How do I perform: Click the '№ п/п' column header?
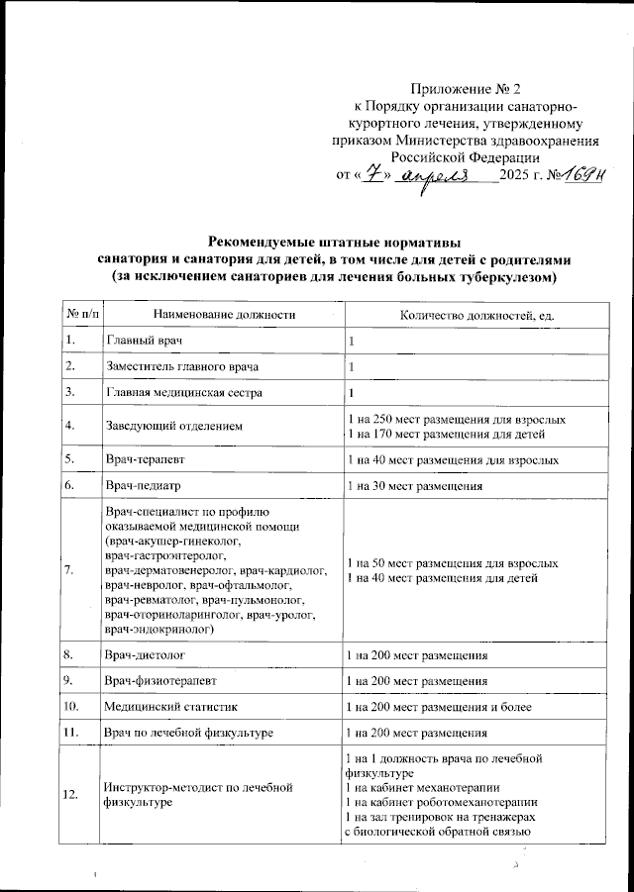82,315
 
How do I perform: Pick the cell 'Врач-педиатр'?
142,486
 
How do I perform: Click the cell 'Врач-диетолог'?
145,655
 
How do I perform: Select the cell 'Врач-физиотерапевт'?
157,681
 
